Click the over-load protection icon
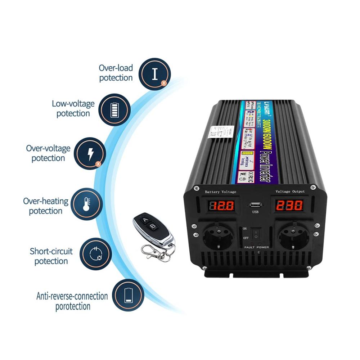click(x=155, y=74)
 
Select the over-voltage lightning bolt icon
click(x=90, y=153)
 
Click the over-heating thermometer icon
click(x=86, y=203)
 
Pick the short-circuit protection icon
click(x=95, y=253)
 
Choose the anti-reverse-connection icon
click(x=128, y=295)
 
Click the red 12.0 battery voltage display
click(x=222, y=206)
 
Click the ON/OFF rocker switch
click(x=256, y=234)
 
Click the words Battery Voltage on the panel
click(x=220, y=192)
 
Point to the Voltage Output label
click(x=290, y=192)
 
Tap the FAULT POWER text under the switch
click(x=256, y=247)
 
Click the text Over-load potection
click(x=116, y=73)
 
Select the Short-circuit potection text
click(x=51, y=256)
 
